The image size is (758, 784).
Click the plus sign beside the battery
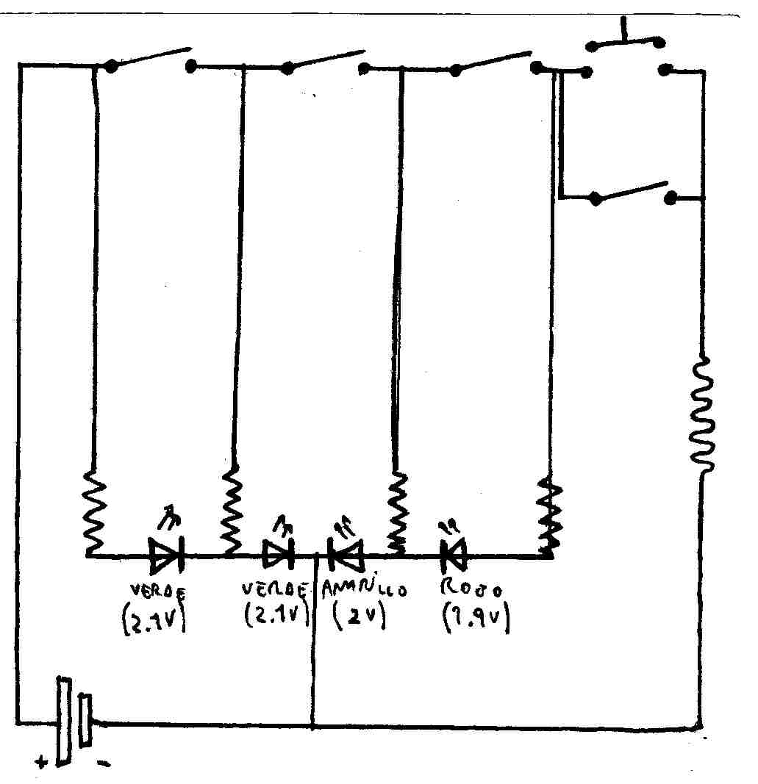click(41, 762)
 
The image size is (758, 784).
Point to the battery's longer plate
click(64, 721)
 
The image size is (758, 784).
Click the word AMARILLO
click(364, 589)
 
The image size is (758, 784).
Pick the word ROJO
click(471, 589)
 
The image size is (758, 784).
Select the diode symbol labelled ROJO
click(454, 555)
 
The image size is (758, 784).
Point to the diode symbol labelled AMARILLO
click(346, 555)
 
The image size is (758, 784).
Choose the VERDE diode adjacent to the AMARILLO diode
click(278, 555)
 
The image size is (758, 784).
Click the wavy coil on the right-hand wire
click(701, 415)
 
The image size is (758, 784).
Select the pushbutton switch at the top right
click(626, 55)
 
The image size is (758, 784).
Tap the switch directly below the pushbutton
click(632, 194)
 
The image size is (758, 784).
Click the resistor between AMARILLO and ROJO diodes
click(397, 511)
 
